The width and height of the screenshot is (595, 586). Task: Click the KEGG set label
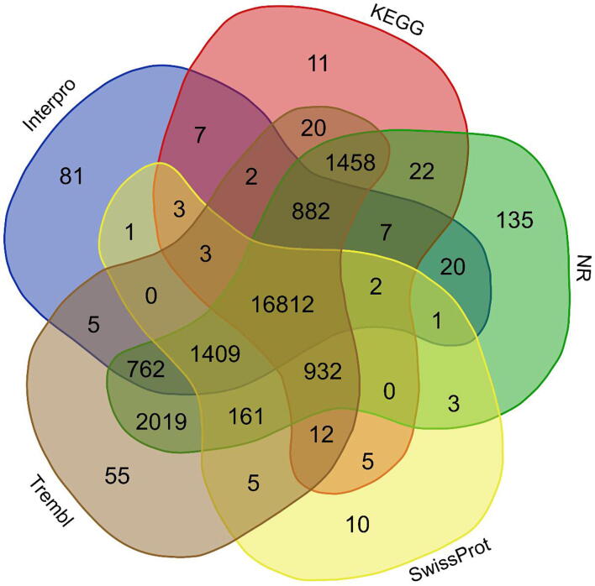tap(397, 19)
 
